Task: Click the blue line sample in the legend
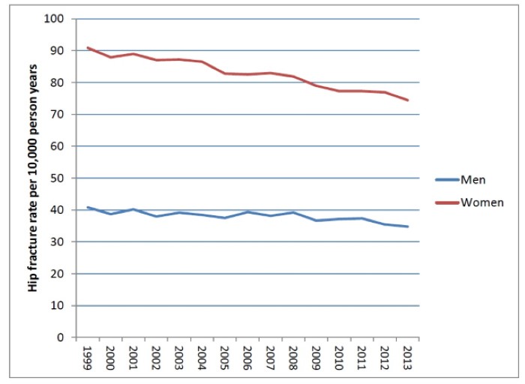tap(447, 179)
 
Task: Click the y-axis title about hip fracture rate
tap(34, 178)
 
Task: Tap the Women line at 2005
tap(225, 73)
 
